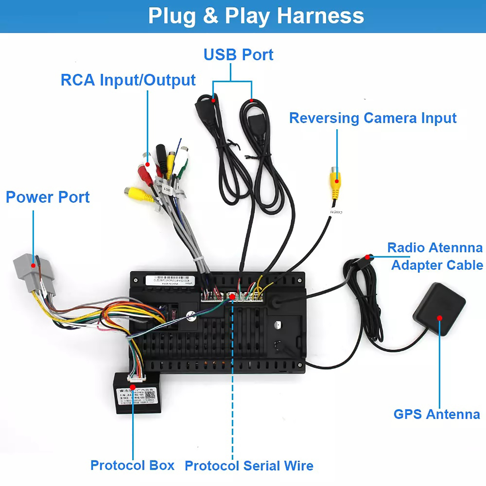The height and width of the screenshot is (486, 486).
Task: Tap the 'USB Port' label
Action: [238, 55]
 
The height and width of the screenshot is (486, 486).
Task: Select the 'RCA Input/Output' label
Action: [128, 80]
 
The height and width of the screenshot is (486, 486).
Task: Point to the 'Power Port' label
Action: [48, 197]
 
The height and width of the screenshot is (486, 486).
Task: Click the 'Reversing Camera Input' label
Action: [373, 118]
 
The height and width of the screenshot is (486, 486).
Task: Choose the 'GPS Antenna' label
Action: [436, 414]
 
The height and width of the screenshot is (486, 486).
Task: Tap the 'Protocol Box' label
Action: [132, 465]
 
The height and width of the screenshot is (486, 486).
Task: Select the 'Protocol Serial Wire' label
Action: [249, 466]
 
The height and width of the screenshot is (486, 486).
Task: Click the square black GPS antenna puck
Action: [439, 308]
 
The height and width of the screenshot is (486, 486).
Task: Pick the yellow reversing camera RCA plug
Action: [336, 182]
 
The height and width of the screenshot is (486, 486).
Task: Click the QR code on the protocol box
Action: [150, 395]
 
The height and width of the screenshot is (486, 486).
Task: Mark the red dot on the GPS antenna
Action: [440, 318]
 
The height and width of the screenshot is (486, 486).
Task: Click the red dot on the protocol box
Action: [133, 387]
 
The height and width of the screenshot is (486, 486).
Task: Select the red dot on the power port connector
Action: [33, 265]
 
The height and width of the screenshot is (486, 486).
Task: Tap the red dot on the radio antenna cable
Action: [368, 257]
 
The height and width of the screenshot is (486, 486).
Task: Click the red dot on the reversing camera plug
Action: [337, 181]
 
